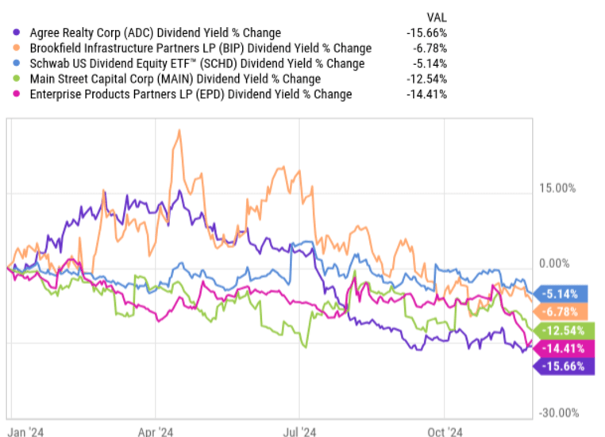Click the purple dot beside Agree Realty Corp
click(17, 33)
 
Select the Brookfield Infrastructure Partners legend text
click(200, 48)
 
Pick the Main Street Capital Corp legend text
click(175, 79)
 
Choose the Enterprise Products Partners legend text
click(190, 94)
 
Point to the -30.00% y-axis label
click(557, 412)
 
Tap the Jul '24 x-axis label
click(300, 431)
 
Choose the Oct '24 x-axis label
click(445, 431)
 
